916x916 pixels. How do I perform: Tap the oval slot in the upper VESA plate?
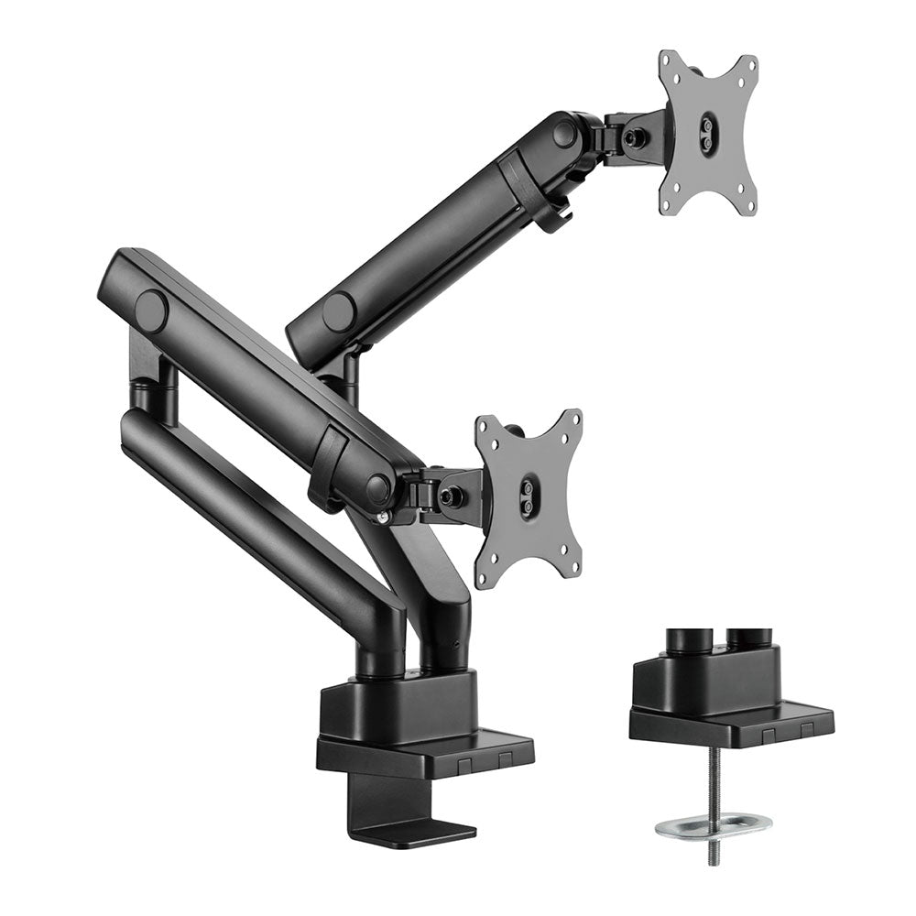[x=708, y=129]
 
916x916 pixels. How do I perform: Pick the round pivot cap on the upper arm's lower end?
[x=338, y=312]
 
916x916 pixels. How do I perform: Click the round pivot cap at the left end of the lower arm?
[x=151, y=310]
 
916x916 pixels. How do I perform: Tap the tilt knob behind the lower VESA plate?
[x=450, y=496]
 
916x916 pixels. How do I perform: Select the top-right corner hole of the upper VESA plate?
[x=750, y=65]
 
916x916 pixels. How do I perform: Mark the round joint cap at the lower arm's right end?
[x=378, y=487]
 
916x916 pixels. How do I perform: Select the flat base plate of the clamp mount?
[x=425, y=751]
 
